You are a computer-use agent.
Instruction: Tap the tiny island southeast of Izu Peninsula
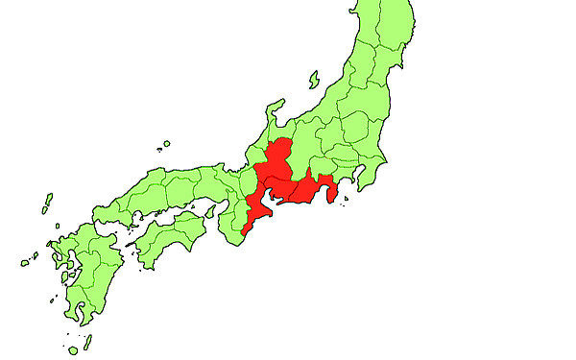pos(343,214)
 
